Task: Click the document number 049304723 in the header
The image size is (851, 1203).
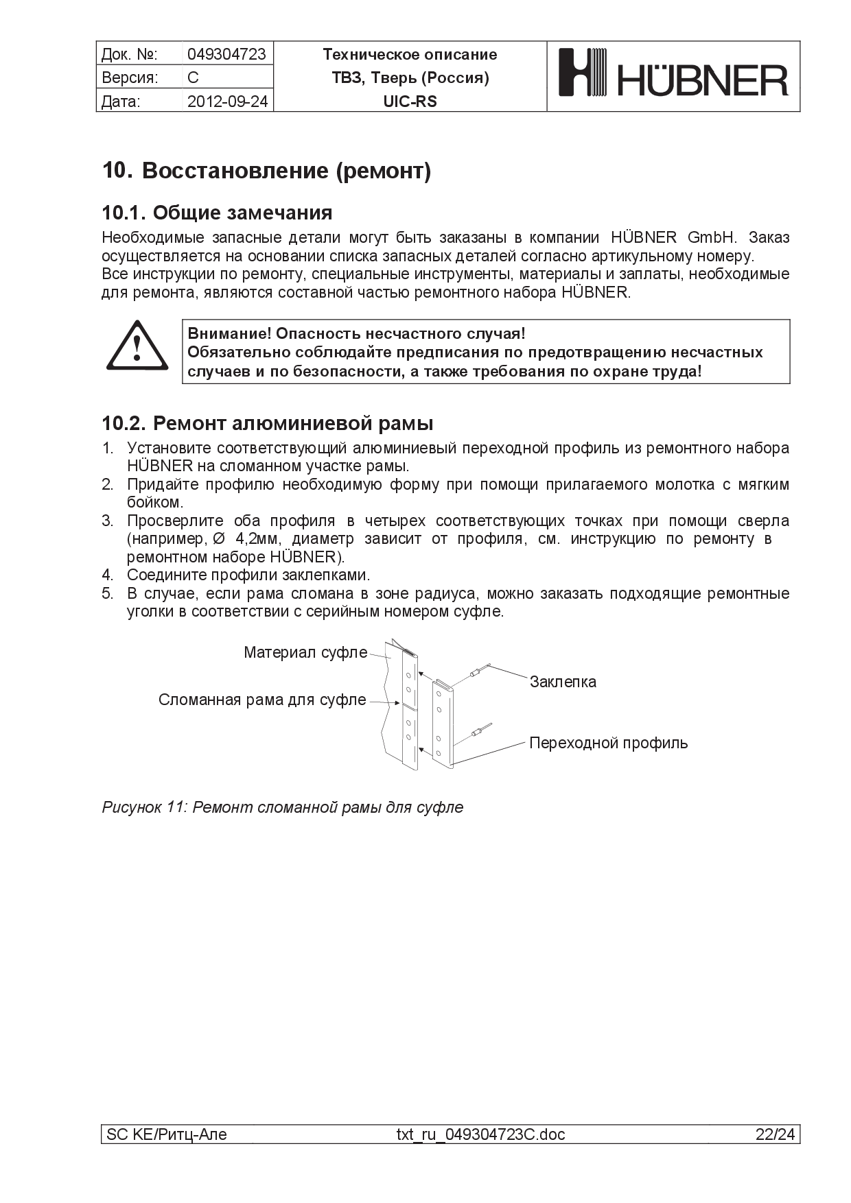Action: click(x=226, y=54)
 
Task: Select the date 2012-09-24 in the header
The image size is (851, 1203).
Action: click(x=227, y=102)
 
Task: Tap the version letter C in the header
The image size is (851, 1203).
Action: click(x=193, y=78)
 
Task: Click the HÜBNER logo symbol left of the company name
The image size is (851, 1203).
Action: click(x=583, y=72)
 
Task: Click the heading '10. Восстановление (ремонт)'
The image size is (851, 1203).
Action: click(x=266, y=170)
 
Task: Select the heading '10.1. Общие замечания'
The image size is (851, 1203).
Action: click(x=217, y=213)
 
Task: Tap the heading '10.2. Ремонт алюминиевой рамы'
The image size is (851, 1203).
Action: click(x=267, y=423)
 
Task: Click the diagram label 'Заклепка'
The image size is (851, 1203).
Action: click(x=563, y=682)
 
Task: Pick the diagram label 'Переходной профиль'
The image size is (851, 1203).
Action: click(x=608, y=743)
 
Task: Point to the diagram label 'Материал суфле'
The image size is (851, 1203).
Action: click(x=305, y=652)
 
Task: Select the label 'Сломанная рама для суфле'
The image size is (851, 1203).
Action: click(x=262, y=700)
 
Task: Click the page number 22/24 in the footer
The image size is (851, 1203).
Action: click(x=775, y=1134)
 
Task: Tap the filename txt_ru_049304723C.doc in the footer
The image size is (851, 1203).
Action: click(x=480, y=1134)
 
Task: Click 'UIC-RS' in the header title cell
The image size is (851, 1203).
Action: click(x=410, y=102)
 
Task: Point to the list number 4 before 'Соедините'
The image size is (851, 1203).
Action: click(x=107, y=575)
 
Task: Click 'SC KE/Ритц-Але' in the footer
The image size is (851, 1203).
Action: click(x=166, y=1134)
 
